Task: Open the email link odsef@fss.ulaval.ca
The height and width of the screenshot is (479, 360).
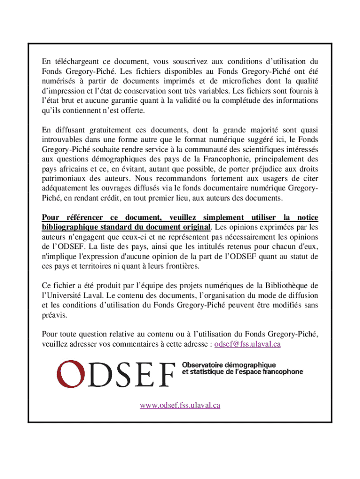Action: click(247, 344)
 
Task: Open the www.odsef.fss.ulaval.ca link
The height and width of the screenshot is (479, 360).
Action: click(180, 406)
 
